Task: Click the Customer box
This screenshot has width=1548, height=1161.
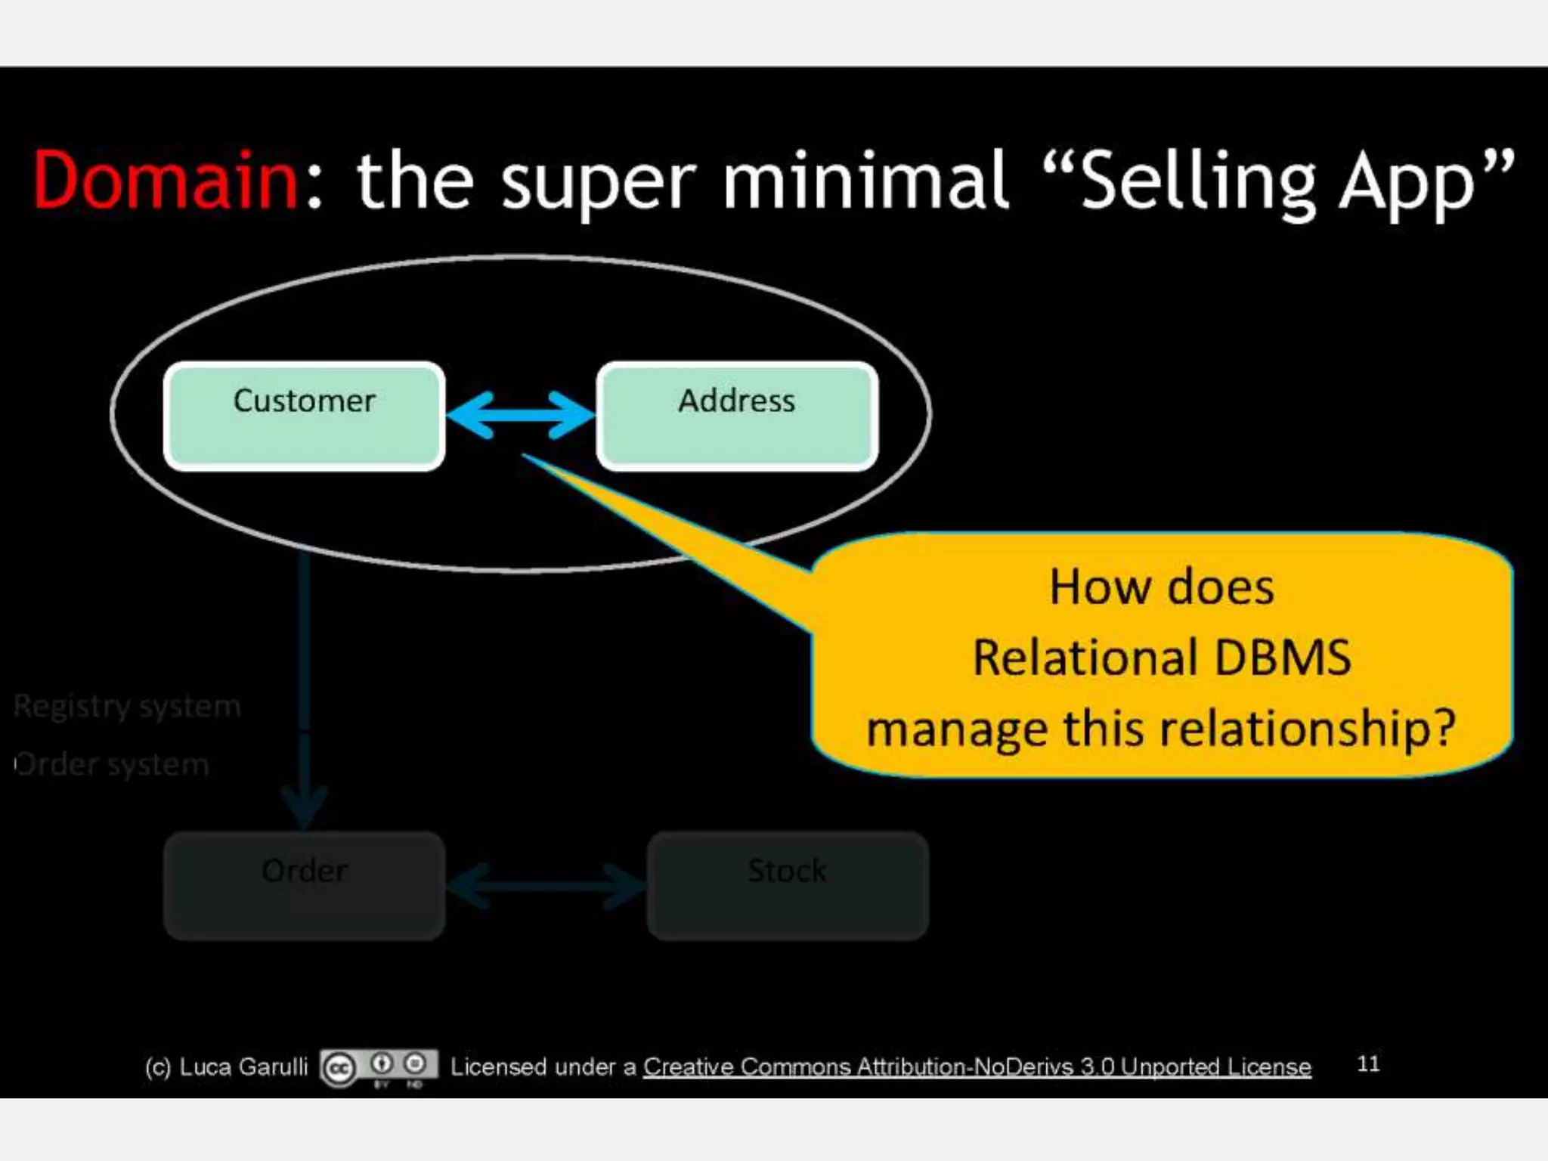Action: click(x=304, y=416)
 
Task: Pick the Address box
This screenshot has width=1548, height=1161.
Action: click(x=737, y=416)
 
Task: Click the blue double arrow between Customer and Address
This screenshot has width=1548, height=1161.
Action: click(x=521, y=415)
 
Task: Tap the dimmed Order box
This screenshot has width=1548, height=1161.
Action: click(x=304, y=886)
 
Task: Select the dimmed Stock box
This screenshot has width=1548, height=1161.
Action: click(x=787, y=886)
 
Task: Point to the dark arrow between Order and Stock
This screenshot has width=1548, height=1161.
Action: click(x=546, y=886)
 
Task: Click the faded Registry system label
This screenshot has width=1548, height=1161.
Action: click(x=127, y=707)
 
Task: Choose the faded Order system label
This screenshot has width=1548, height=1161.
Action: click(x=112, y=765)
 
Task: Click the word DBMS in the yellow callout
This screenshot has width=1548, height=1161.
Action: click(x=1282, y=658)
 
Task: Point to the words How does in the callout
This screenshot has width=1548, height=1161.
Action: click(x=1162, y=587)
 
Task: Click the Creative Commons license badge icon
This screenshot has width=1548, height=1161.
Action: click(x=379, y=1067)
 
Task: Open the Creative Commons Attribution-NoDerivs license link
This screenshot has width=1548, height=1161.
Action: click(x=977, y=1067)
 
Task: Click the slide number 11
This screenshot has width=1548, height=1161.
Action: click(x=1368, y=1063)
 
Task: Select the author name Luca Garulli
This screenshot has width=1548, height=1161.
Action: click(x=243, y=1067)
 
